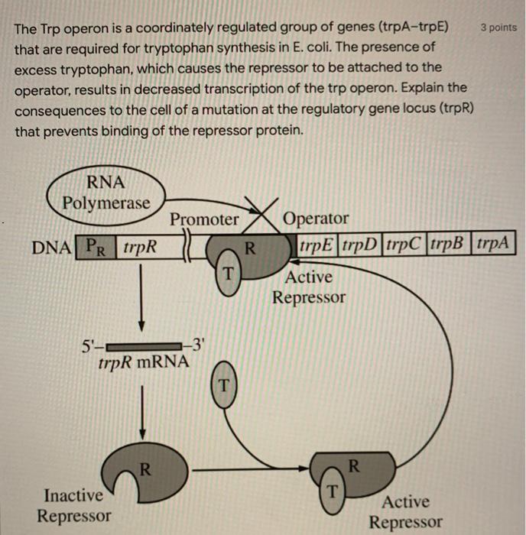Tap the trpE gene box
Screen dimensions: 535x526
(316, 247)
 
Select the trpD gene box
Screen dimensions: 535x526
(360, 247)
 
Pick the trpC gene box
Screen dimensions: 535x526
(404, 247)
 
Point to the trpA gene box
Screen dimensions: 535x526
(495, 247)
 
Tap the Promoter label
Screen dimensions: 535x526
(204, 220)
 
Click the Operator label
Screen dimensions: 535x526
(316, 220)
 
